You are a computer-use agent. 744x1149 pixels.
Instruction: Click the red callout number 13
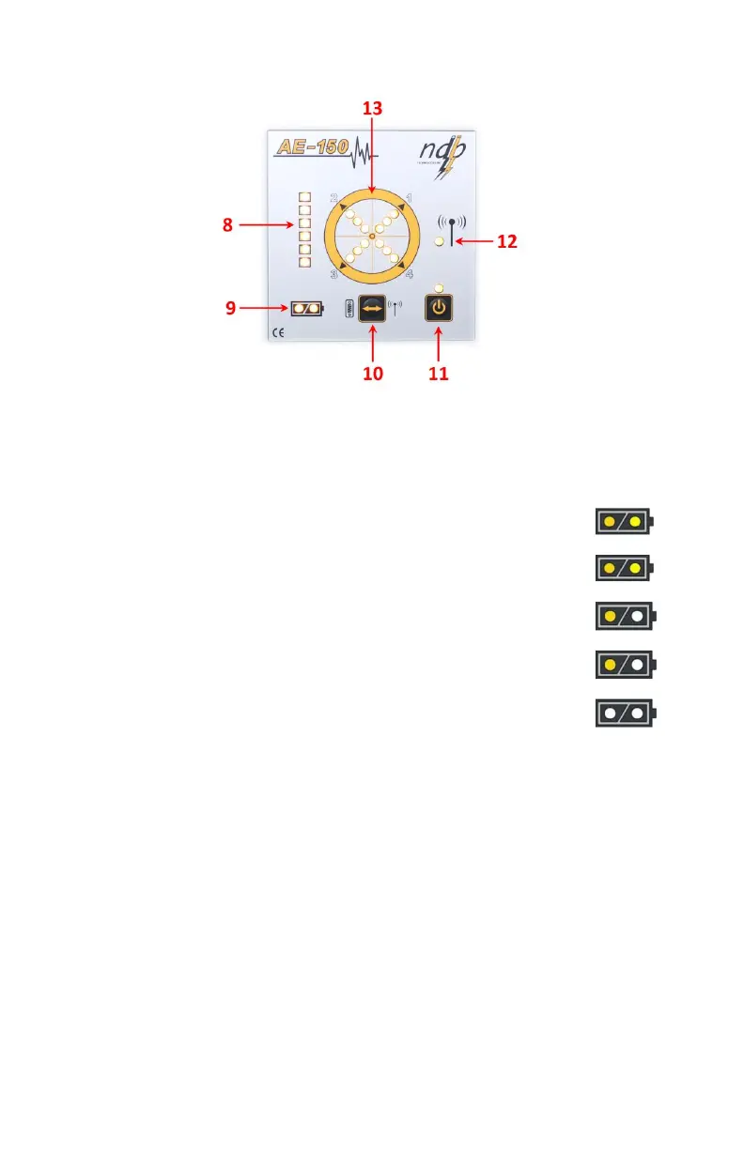[373, 109]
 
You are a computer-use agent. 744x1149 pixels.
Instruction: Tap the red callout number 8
[227, 225]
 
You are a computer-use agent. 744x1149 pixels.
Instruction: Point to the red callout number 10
[373, 373]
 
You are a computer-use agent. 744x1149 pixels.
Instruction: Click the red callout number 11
[438, 373]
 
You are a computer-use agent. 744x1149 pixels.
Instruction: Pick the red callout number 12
[506, 241]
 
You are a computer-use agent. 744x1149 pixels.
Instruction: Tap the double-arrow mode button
[372, 309]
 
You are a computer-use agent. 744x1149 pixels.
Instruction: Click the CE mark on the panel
[278, 332]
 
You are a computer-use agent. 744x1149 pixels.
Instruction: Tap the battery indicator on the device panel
[306, 308]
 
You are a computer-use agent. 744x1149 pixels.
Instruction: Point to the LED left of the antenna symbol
[439, 242]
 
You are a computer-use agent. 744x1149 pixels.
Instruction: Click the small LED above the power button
[438, 287]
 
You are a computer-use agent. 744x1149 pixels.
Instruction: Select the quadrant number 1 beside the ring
[408, 198]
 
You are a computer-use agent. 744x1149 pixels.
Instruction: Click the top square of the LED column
[304, 198]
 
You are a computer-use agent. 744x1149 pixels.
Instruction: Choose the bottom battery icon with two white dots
[626, 712]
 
